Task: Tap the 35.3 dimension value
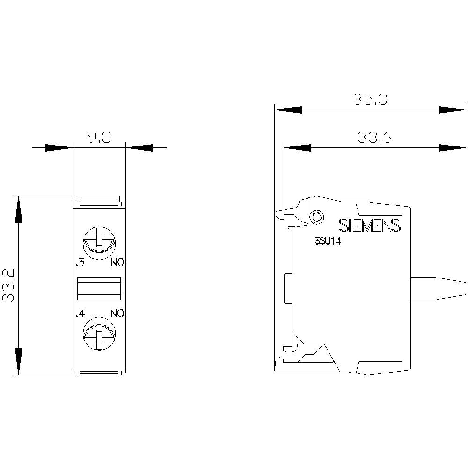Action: click(x=370, y=100)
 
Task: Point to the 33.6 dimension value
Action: click(x=374, y=138)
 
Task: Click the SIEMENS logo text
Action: click(x=370, y=225)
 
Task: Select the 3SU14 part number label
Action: click(x=328, y=242)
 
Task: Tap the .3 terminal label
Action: click(x=80, y=263)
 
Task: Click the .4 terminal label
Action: click(x=80, y=314)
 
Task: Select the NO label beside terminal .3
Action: click(x=117, y=263)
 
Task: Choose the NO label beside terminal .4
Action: click(x=117, y=314)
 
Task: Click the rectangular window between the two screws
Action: click(x=99, y=288)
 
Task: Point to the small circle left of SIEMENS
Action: click(x=317, y=217)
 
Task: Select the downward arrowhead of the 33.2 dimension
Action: click(x=18, y=361)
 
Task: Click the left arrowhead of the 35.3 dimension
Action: click(x=288, y=110)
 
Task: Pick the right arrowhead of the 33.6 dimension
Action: click(x=452, y=148)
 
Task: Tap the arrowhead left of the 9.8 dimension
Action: click(x=59, y=148)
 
